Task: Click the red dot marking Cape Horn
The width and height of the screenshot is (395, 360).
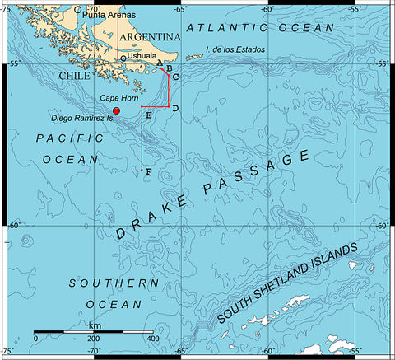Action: click(117, 110)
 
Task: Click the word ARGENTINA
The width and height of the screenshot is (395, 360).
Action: click(151, 38)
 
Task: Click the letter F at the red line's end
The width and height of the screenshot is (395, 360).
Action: click(148, 171)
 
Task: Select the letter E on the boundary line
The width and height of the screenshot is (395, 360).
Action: click(148, 115)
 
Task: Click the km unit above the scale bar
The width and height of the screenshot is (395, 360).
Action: click(94, 325)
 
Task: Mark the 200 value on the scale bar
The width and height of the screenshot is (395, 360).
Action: click(94, 339)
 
